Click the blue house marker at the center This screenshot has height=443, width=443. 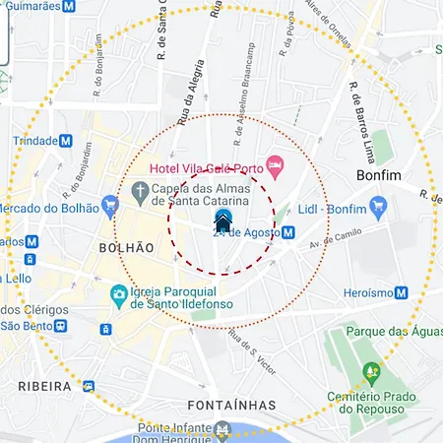point(223,221)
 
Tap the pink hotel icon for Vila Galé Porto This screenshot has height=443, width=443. point(275,167)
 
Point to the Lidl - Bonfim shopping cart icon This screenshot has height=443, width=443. point(379,206)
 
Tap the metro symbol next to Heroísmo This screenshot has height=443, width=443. point(401,292)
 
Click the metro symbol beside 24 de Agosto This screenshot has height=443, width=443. point(287,233)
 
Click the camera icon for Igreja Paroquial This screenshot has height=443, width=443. point(118,293)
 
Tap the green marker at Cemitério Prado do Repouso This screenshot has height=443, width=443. point(371,373)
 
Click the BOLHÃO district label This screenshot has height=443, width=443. point(127,246)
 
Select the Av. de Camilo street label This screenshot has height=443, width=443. point(331,237)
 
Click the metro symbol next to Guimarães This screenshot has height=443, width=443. point(68,6)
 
